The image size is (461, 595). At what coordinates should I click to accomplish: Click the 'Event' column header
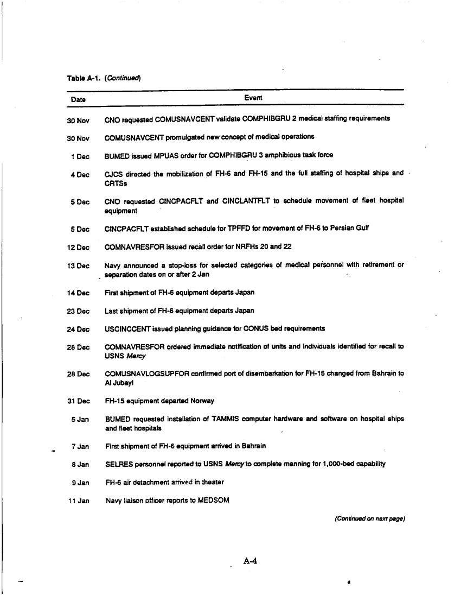click(253, 98)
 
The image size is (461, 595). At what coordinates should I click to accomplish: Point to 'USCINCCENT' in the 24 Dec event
click(124, 328)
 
